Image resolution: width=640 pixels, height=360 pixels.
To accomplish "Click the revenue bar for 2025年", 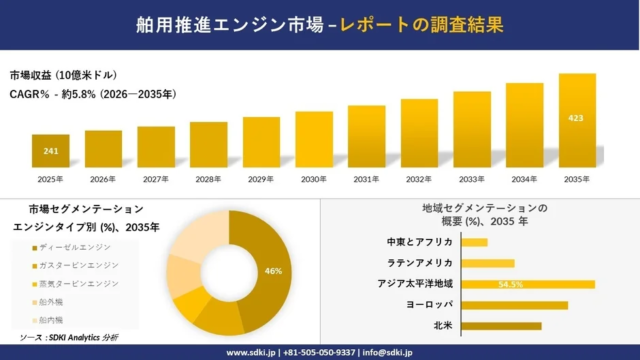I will [x=50, y=151].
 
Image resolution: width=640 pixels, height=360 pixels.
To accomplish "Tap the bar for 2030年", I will [x=314, y=139].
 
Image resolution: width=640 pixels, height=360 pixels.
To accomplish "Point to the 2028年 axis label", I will [x=209, y=179].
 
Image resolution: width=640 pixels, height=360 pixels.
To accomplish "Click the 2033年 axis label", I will [x=472, y=179].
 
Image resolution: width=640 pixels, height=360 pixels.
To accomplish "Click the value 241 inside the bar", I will [x=50, y=151].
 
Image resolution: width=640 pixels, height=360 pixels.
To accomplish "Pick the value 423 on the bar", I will [x=577, y=117].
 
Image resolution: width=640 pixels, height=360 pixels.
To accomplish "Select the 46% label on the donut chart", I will [x=271, y=271].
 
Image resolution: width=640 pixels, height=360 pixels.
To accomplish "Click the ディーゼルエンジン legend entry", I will [x=75, y=247].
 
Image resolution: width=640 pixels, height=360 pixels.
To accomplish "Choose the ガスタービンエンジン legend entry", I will [x=79, y=265].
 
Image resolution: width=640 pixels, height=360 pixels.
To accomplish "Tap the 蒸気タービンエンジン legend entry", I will [x=79, y=283].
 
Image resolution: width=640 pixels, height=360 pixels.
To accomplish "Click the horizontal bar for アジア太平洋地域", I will [x=529, y=284].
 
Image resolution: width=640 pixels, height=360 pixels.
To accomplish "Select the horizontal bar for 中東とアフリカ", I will [x=475, y=242].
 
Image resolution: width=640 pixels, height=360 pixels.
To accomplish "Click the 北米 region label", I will [x=443, y=326].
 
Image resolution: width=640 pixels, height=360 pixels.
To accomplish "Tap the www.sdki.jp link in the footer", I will [x=251, y=352].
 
